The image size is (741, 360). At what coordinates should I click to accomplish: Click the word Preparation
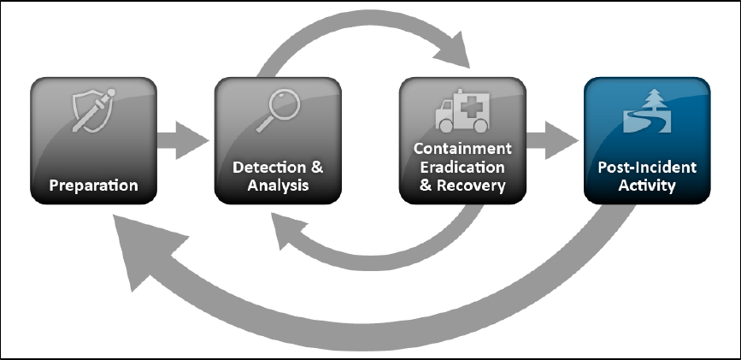(x=93, y=185)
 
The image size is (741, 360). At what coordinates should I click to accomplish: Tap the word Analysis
(x=278, y=185)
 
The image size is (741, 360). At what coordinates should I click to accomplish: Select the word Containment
(x=462, y=149)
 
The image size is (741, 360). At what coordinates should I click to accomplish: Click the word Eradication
(x=462, y=167)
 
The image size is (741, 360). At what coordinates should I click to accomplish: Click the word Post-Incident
(x=647, y=168)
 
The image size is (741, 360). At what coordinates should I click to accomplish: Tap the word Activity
(x=647, y=186)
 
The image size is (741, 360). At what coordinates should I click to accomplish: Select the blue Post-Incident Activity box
(x=647, y=141)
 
